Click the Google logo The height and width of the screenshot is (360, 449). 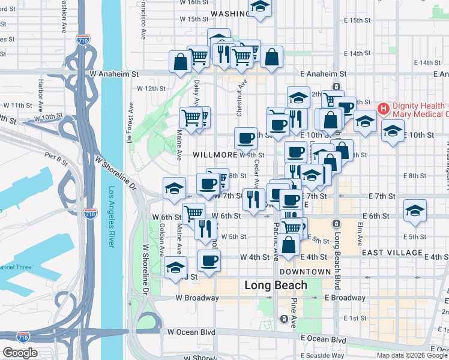(20, 353)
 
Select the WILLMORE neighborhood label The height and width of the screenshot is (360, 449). (215, 155)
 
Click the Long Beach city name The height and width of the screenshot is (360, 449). (276, 286)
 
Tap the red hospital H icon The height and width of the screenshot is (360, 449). (384, 109)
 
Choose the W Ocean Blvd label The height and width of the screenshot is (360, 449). (191, 331)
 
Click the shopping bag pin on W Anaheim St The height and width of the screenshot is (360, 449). (181, 62)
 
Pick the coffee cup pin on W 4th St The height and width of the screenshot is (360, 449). (209, 261)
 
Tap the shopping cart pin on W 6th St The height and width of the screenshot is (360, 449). (193, 213)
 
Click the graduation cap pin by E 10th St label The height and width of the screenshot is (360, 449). (393, 131)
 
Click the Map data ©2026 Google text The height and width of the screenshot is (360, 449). (412, 355)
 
